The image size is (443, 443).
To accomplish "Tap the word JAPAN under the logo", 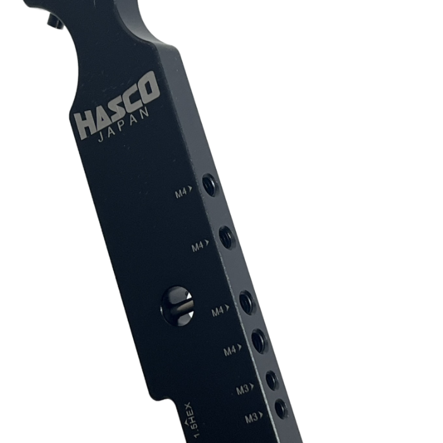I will coord(125,127).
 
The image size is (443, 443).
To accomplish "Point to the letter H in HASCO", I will coord(84,125).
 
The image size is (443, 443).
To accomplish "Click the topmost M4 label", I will coord(184,193).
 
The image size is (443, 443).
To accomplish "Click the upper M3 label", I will coord(245,389).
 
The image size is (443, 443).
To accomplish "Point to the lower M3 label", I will coord(253,418).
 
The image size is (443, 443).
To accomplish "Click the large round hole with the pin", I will coord(178,305).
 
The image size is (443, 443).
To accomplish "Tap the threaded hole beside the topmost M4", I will coord(209,185).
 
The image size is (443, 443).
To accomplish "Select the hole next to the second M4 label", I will coord(227,237).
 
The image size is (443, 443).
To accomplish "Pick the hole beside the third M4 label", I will coord(247,302).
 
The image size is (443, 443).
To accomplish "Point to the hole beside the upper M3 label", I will coord(272,380).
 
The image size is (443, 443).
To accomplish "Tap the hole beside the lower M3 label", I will coord(280,409).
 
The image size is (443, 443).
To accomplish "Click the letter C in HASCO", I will coord(133,96).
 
